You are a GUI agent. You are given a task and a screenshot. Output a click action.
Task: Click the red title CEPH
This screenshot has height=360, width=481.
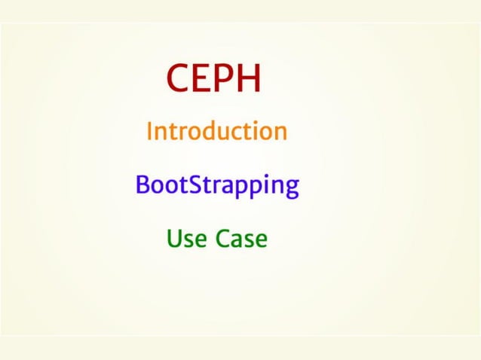point(215,78)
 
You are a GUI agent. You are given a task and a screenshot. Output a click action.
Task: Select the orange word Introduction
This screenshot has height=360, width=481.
point(216,131)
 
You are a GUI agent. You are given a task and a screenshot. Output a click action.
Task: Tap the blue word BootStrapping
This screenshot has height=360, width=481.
point(216,185)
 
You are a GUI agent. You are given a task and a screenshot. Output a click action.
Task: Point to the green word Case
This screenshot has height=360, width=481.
point(241,239)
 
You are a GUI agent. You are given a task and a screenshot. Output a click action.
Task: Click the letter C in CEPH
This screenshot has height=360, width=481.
point(178,78)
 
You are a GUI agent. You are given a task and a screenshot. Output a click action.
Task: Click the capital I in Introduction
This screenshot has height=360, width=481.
point(150,131)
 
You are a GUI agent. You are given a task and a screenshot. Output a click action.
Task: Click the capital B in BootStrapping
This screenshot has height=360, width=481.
point(142,185)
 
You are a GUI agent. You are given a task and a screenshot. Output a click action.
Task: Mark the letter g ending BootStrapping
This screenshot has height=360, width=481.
point(292,188)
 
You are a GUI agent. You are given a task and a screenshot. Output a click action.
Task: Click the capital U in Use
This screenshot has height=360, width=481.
point(173,239)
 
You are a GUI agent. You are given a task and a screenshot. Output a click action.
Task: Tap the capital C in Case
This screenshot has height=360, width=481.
point(223,239)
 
